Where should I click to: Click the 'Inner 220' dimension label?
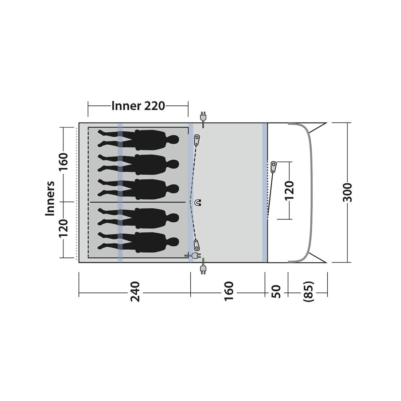(x=138, y=106)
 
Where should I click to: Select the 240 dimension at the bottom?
(x=135, y=291)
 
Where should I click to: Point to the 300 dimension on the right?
(x=347, y=192)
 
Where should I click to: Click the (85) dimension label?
(x=308, y=291)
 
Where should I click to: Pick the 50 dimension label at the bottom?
(x=276, y=291)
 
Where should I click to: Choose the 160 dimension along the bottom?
(x=229, y=291)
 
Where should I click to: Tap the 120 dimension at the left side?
(x=64, y=229)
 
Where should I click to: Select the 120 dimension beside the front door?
(x=289, y=191)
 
